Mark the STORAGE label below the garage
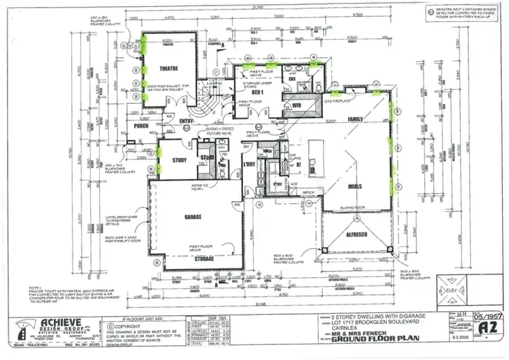pos(202,258)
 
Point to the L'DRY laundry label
pos(248,165)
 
